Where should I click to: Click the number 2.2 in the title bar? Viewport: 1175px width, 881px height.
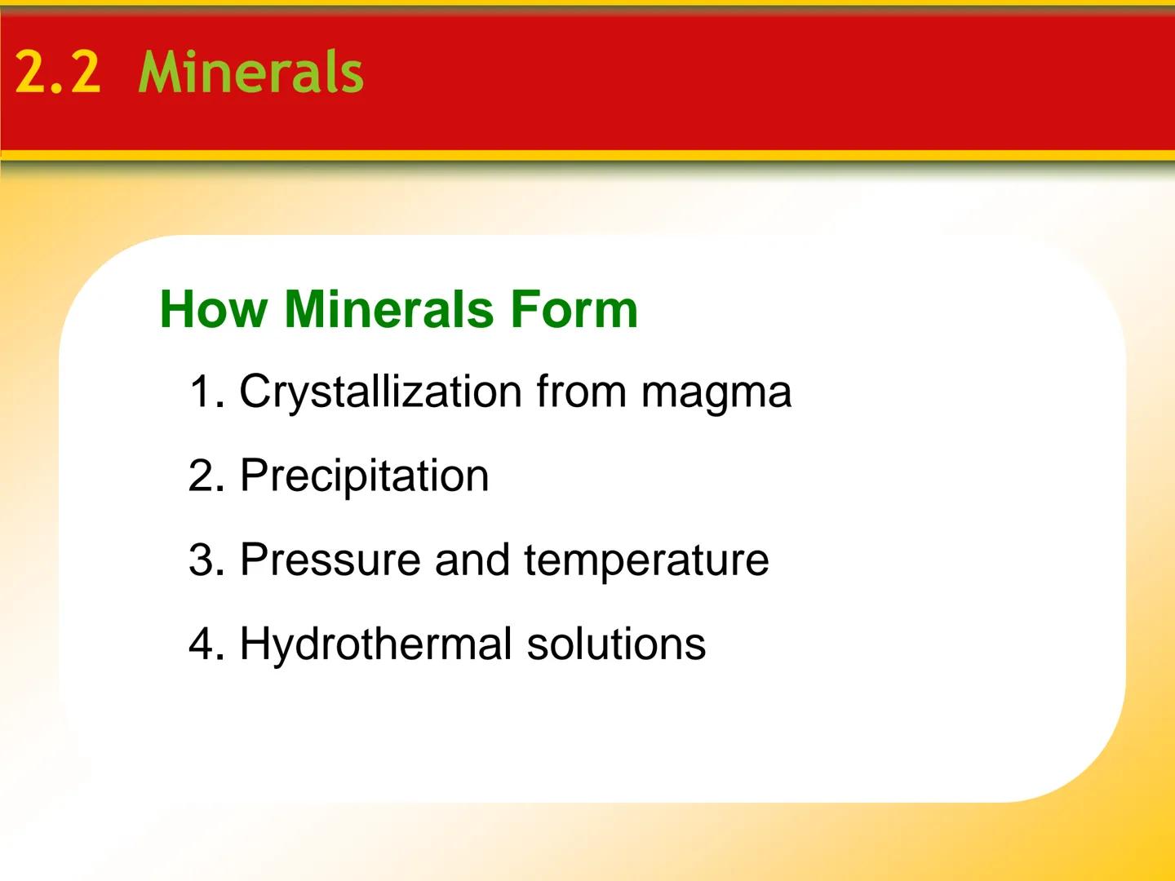tap(58, 73)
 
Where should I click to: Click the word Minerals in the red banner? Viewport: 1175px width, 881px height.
tap(251, 73)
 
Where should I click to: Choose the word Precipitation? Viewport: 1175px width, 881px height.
tap(364, 476)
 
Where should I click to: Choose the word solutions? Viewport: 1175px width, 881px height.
tap(616, 644)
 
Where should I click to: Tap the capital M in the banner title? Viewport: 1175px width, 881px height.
tap(162, 73)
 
